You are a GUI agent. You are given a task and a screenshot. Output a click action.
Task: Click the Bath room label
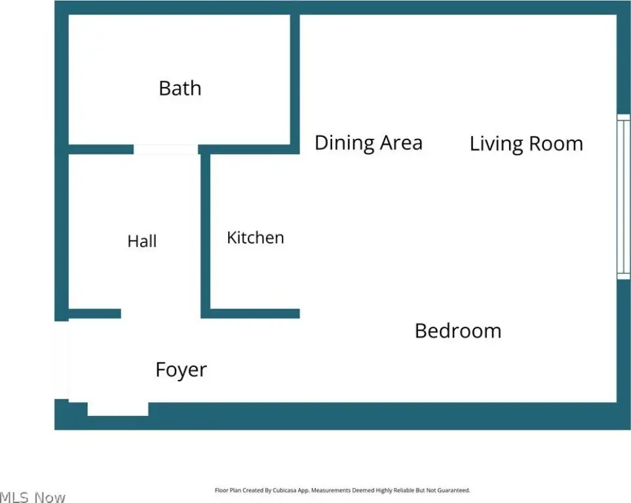point(180,88)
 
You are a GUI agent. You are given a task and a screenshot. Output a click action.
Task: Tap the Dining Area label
point(369,143)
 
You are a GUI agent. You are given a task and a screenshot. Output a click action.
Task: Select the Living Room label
point(526,143)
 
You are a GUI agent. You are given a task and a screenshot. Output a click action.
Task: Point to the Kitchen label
point(256,237)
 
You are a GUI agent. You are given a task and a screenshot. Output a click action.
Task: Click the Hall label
point(142,241)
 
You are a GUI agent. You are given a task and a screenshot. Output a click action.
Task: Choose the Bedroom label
point(458,331)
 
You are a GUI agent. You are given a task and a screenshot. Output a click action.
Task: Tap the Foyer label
point(181,370)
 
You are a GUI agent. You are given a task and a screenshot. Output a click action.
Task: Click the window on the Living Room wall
point(624,196)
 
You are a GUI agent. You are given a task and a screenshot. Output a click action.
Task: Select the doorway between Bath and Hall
point(166,149)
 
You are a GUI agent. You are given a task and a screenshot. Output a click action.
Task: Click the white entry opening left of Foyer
point(62,360)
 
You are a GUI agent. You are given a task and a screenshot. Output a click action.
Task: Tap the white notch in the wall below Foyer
point(118,409)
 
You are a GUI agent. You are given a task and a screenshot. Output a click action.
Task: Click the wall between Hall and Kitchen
point(205,236)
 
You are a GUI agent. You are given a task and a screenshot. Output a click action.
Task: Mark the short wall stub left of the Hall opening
point(94,314)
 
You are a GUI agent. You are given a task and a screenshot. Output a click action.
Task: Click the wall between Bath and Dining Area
point(295,84)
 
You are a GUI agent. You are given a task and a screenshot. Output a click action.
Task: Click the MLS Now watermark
point(33,497)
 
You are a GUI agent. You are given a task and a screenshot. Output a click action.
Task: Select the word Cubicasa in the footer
point(285,490)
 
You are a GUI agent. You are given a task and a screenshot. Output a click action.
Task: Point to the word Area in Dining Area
point(402,143)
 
